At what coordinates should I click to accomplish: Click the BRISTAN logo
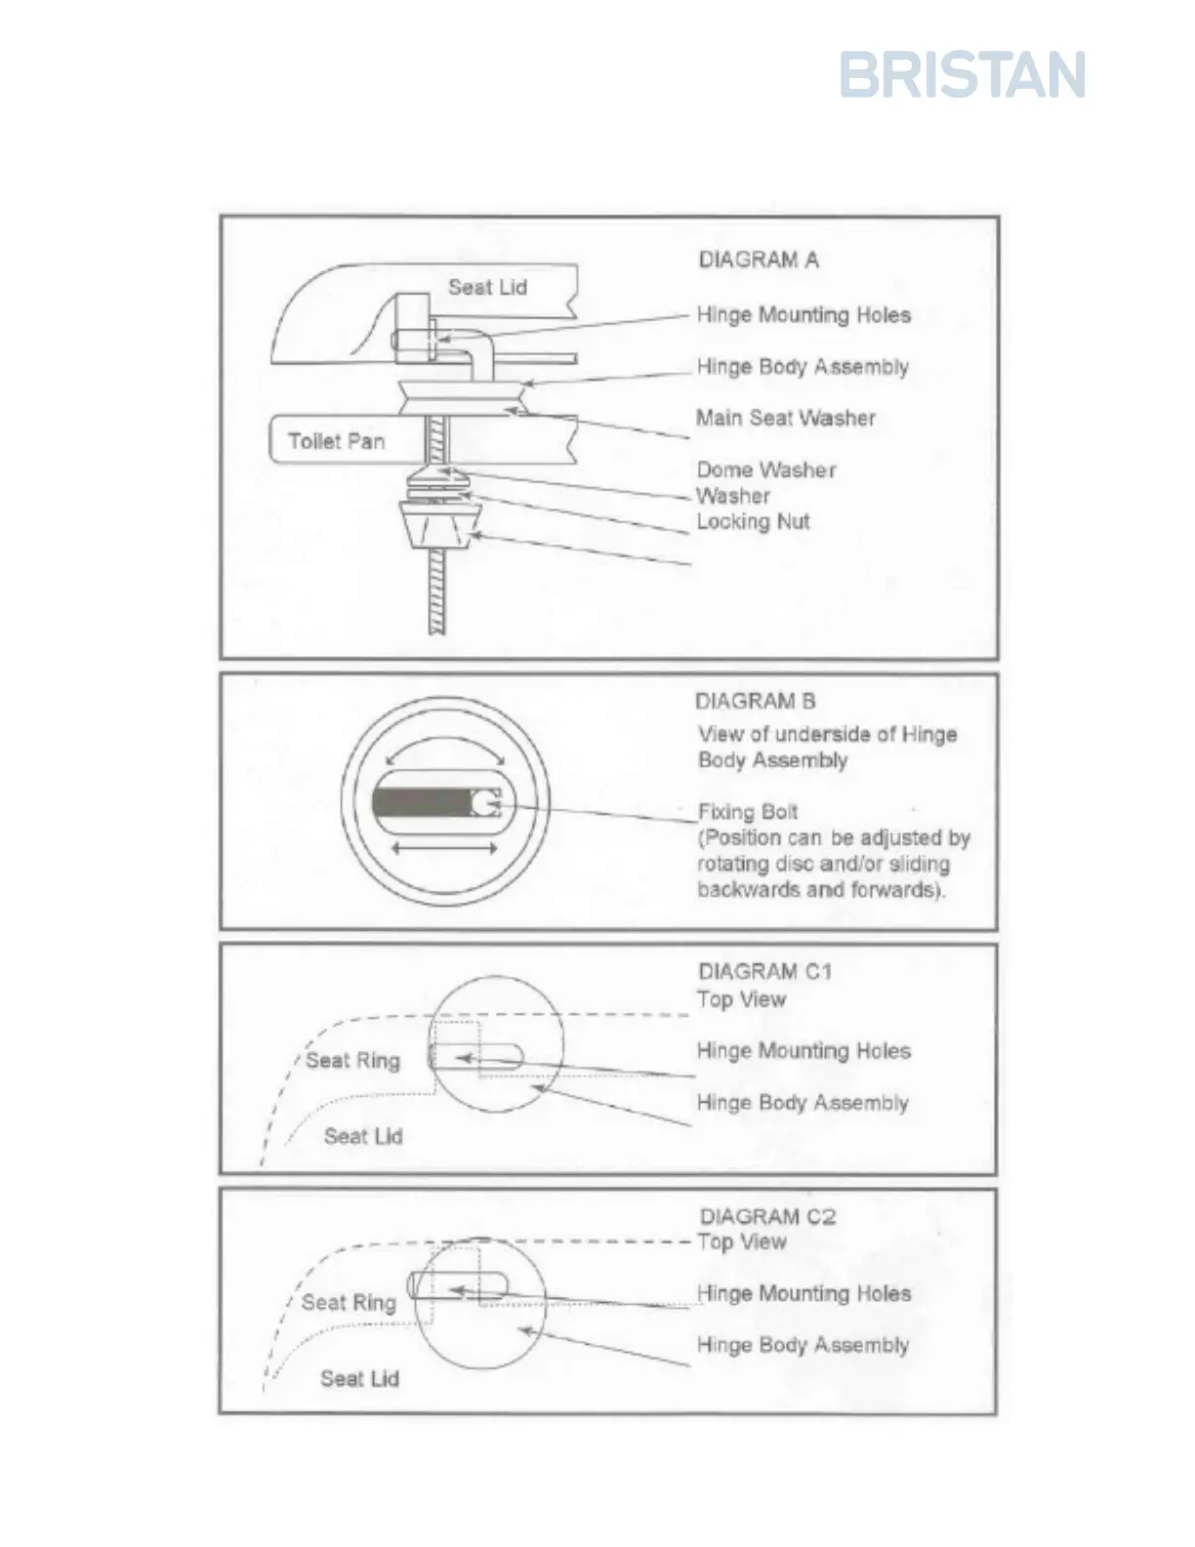(962, 75)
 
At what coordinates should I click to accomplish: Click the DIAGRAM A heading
(759, 260)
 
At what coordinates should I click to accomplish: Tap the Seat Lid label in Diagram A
(487, 287)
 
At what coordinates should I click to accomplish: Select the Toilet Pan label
(336, 441)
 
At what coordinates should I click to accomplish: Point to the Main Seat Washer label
(785, 418)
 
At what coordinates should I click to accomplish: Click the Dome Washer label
(765, 470)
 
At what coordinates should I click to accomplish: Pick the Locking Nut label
(753, 522)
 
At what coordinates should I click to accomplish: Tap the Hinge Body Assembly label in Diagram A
(803, 367)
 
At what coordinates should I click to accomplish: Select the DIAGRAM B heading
(755, 701)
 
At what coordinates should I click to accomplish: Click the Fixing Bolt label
(748, 812)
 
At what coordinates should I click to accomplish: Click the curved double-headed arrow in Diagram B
(445, 744)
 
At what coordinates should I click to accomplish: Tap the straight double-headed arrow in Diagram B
(444, 849)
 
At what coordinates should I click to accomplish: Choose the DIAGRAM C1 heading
(764, 972)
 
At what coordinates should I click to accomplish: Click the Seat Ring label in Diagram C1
(352, 1061)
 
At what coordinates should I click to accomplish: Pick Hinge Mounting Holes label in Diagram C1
(804, 1051)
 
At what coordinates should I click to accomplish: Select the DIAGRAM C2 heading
(767, 1217)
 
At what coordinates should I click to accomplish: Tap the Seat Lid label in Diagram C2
(359, 1379)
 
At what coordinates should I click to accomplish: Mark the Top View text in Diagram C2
(742, 1242)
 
